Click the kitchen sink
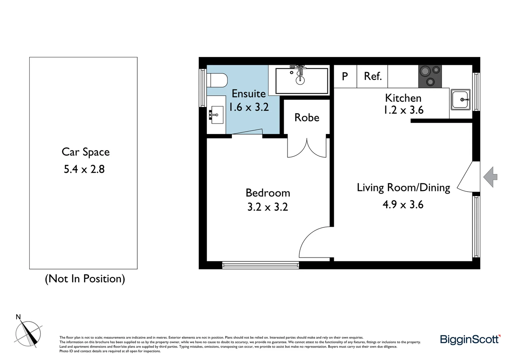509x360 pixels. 460,99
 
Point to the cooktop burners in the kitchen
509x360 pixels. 430,76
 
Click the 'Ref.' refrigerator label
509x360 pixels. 372,76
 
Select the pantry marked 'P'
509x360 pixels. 345,76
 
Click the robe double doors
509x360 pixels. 307,148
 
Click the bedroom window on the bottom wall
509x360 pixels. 260,265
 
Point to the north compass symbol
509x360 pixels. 28,333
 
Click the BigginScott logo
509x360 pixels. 470,339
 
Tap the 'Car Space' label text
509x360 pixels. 86,152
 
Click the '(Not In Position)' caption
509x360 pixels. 85,279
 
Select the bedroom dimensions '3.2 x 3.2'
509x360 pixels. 267,207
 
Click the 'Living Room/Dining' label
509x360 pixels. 403,187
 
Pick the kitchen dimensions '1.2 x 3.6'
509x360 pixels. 403,110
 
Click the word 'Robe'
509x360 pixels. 307,117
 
